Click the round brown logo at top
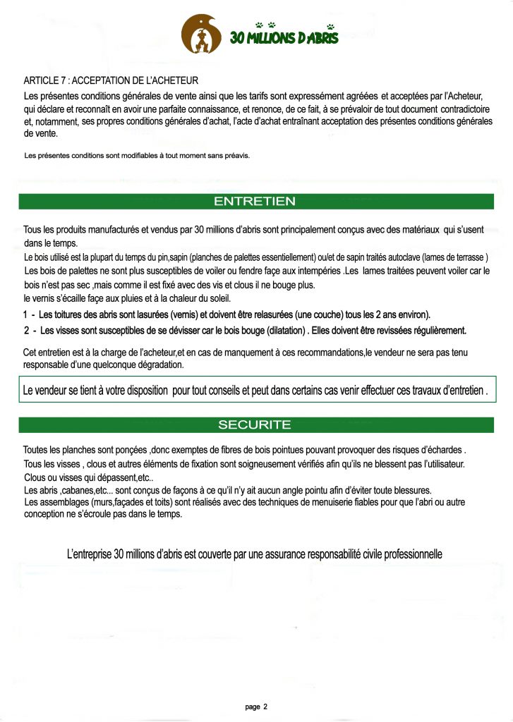pyautogui.click(x=202, y=35)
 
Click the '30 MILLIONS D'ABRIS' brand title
pyautogui.click(x=284, y=37)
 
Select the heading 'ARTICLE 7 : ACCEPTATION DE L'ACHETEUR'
pyautogui.click(x=111, y=80)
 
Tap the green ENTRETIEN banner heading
pyautogui.click(x=255, y=202)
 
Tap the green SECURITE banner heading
pyautogui.click(x=255, y=424)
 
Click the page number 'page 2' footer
pyautogui.click(x=256, y=706)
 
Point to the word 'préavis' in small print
pyautogui.click(x=238, y=154)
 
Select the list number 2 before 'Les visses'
pyautogui.click(x=26, y=330)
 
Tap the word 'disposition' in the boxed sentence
pyautogui.click(x=144, y=390)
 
